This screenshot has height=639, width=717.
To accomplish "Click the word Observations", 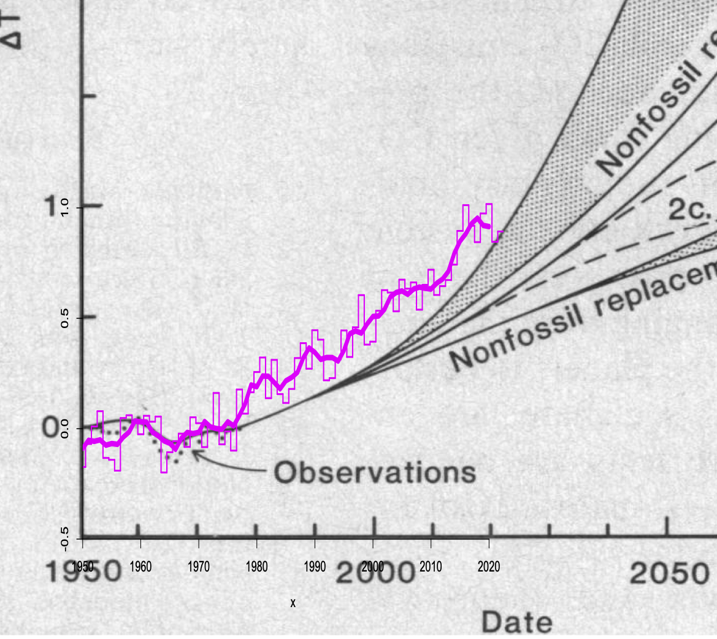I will (375, 472).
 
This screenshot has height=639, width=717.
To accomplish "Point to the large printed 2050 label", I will (669, 574).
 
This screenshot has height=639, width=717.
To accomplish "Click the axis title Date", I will (516, 622).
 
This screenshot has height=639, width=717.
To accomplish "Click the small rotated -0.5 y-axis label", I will (65, 538).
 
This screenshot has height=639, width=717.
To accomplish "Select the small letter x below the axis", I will (293, 603).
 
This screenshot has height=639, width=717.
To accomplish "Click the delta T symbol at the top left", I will (12, 28).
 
